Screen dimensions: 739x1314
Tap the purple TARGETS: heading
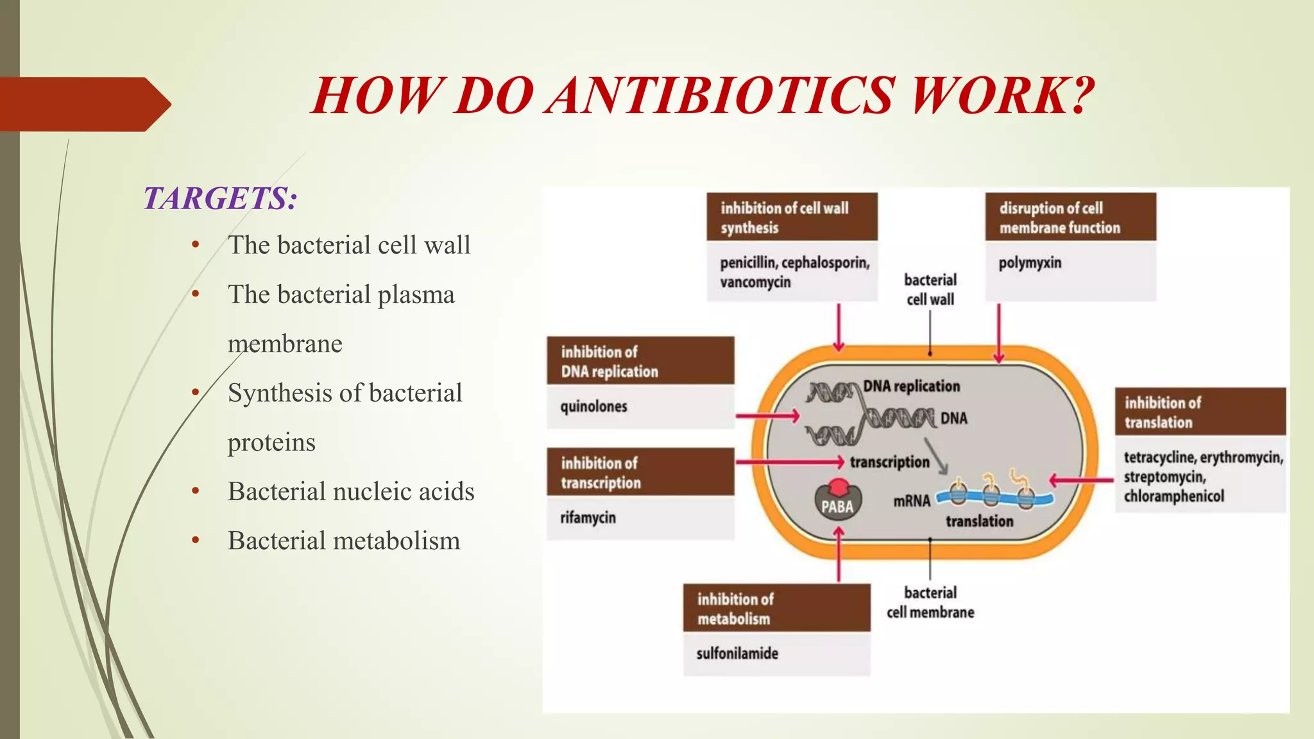click(220, 198)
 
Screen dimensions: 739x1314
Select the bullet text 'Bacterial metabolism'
click(344, 541)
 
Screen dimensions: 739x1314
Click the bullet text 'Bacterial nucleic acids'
click(351, 491)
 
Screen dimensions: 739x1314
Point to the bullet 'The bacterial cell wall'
click(349, 245)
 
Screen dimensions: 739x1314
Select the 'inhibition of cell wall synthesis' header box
click(792, 217)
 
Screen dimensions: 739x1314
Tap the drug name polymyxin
click(1030, 263)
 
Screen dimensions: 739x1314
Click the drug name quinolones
click(593, 407)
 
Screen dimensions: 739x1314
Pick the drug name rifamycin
click(588, 518)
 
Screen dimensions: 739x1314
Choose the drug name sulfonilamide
click(737, 654)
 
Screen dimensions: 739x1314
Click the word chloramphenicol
click(1173, 497)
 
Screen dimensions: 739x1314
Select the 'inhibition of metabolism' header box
click(776, 608)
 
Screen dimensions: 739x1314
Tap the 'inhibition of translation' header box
click(1200, 412)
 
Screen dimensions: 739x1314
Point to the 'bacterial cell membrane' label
click(930, 602)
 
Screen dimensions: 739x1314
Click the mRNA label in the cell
click(911, 501)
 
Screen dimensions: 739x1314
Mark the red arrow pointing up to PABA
click(839, 554)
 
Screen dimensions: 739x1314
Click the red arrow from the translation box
click(1081, 480)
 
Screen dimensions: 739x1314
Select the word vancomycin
click(755, 283)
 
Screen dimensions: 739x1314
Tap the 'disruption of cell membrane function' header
click(1070, 217)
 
